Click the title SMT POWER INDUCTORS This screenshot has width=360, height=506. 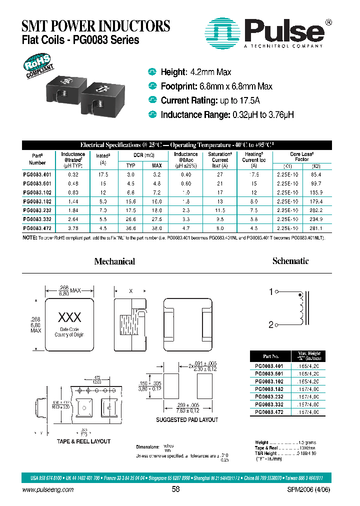click(96, 25)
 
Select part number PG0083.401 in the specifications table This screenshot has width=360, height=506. click(37, 174)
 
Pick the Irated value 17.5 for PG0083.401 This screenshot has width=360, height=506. click(103, 174)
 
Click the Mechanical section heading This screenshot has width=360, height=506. click(114, 261)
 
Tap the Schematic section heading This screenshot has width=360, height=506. click(290, 261)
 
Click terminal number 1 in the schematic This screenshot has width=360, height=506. click(271, 292)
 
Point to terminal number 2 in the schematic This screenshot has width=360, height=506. click(271, 325)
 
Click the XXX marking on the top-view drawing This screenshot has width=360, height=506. click(69, 317)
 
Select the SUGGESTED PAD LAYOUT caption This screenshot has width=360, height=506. click(187, 419)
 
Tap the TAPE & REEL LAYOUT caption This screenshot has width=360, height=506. click(83, 441)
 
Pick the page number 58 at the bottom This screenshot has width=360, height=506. click(175, 490)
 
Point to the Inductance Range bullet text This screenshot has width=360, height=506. click(227, 115)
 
